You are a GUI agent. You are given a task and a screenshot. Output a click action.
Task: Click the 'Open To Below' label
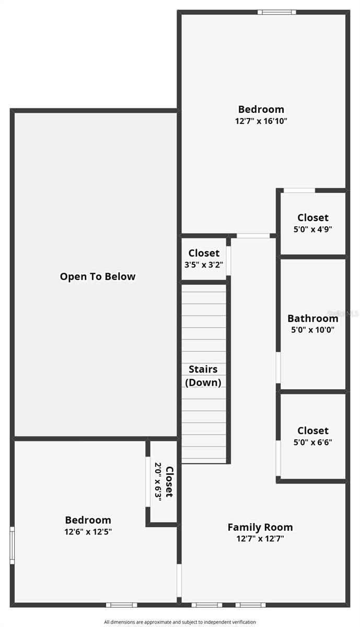click(x=97, y=277)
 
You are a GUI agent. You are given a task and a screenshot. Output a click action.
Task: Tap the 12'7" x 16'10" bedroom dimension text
click(x=261, y=121)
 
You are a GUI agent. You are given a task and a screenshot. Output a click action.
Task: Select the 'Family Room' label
click(x=260, y=527)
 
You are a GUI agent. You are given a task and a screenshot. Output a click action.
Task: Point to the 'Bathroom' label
click(x=312, y=318)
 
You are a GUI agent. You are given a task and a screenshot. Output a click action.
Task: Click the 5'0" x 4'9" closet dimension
click(x=313, y=229)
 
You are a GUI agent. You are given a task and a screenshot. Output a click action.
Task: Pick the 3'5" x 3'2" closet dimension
click(x=204, y=264)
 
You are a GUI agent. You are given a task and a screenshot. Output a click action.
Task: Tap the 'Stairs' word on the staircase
click(x=203, y=369)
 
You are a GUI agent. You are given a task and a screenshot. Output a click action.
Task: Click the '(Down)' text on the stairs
click(x=203, y=382)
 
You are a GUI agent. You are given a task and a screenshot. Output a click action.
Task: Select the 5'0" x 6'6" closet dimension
click(x=313, y=442)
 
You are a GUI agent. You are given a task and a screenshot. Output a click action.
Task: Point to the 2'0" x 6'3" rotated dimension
click(x=158, y=480)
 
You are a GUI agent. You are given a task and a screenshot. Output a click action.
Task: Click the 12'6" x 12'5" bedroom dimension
click(x=88, y=531)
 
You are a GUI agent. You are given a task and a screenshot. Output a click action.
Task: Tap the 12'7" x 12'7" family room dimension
click(x=260, y=538)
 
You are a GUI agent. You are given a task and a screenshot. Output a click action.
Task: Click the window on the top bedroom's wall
click(x=276, y=12)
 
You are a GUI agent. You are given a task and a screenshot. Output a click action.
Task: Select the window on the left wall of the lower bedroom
click(x=12, y=544)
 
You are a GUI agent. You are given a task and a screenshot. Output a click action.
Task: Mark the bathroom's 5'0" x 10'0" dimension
click(x=312, y=330)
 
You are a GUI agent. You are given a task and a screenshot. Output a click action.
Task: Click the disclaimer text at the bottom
click(x=180, y=622)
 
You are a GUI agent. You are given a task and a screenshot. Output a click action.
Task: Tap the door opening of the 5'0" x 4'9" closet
click(x=299, y=190)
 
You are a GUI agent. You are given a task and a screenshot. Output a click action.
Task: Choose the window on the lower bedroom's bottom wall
click(x=121, y=605)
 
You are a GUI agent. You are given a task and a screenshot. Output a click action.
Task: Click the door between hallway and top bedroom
click(x=253, y=236)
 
